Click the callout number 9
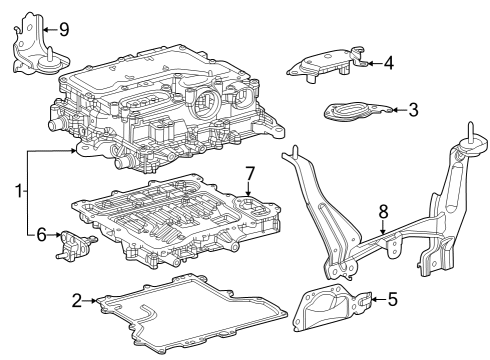pos(63,28)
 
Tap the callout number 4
pos(388,63)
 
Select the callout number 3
pos(413,109)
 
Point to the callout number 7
pos(251,173)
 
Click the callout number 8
pos(381,211)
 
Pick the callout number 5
pos(392,298)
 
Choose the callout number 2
pos(77,298)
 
